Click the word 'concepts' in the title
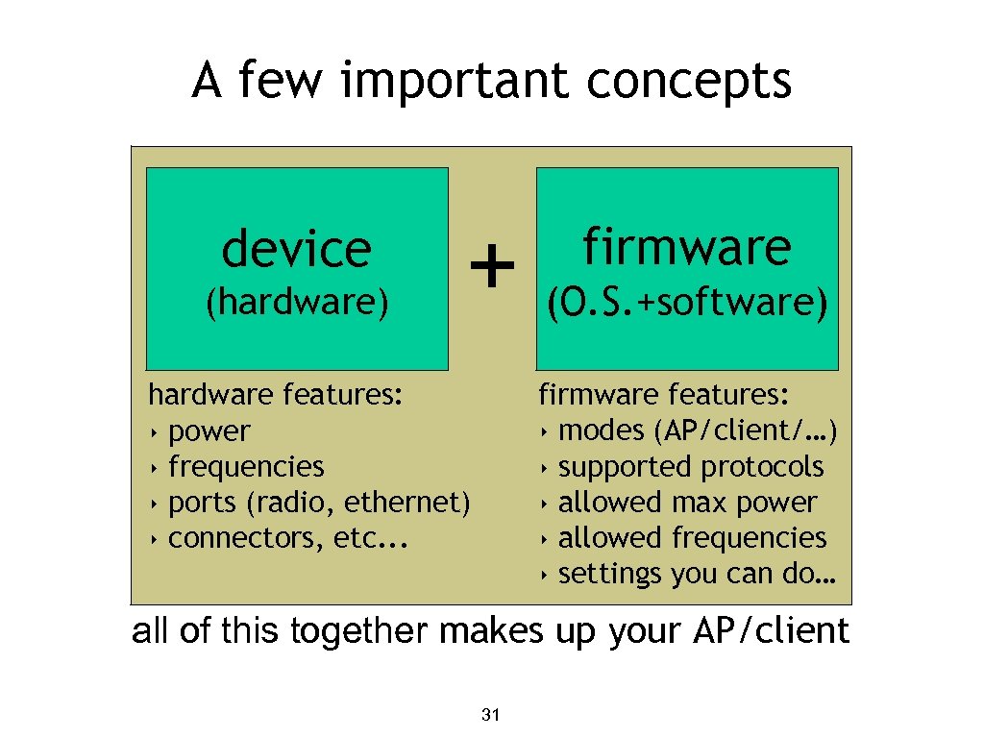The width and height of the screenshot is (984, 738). point(690,81)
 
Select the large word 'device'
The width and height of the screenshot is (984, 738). point(296,249)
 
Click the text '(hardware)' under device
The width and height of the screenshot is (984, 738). point(297,303)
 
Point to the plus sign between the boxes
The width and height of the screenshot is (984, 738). point(492,266)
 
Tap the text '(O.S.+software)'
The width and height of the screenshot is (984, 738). point(686,303)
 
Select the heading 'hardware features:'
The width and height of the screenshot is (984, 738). point(276,395)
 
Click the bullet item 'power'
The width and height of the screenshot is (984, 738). point(209,431)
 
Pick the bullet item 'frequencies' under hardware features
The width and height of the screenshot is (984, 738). point(246,467)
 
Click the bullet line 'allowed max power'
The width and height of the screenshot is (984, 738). point(687,503)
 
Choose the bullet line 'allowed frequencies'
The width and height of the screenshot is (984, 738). point(692,538)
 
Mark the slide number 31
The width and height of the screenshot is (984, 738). point(491,715)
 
